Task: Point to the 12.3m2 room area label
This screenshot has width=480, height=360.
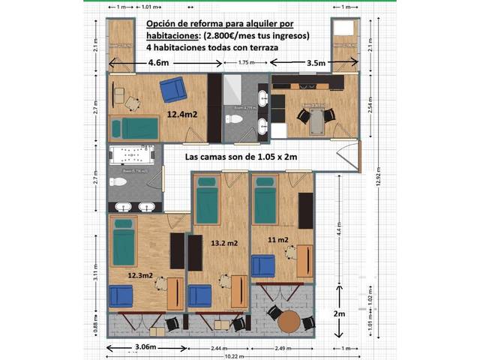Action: (140, 275)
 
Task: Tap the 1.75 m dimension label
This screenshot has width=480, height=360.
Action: (246, 63)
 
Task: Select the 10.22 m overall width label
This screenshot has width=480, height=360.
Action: (232, 356)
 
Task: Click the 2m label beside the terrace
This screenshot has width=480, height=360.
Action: (340, 313)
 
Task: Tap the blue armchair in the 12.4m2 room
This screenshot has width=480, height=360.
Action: (174, 90)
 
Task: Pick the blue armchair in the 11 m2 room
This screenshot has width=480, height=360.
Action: (263, 265)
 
